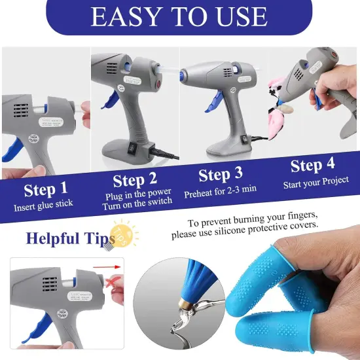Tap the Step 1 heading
click(45, 190)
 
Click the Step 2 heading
click(136, 180)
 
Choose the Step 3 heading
click(221, 175)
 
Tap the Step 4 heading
click(312, 166)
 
